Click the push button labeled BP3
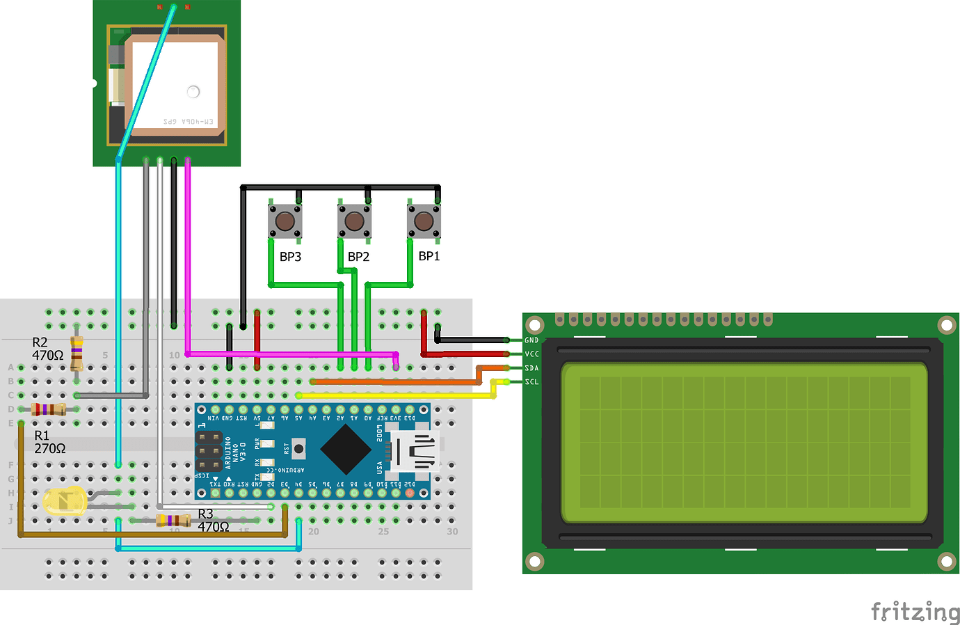click(x=285, y=221)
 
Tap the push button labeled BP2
click(x=354, y=221)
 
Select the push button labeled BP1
click(x=424, y=221)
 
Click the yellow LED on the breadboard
click(x=64, y=500)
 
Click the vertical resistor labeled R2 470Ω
click(x=77, y=354)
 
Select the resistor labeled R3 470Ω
click(x=173, y=520)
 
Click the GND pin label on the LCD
click(x=531, y=340)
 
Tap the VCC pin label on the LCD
click(x=531, y=354)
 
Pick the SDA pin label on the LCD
click(x=531, y=368)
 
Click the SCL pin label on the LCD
click(x=531, y=382)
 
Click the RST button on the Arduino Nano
click(x=298, y=449)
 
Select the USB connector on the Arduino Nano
click(x=415, y=450)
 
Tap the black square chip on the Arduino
click(x=345, y=449)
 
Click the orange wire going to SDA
click(x=397, y=381)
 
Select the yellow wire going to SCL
click(x=397, y=395)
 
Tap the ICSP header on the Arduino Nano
click(x=208, y=451)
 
